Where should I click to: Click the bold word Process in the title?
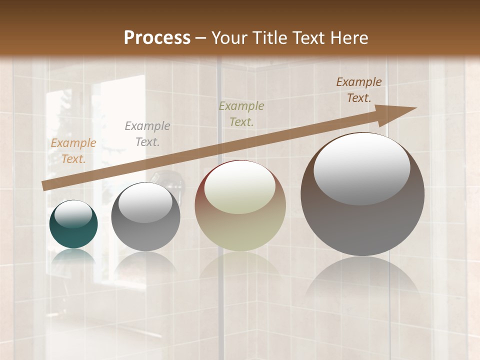(x=157, y=38)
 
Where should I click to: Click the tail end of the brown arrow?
(x=43, y=186)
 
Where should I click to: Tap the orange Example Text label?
(x=73, y=151)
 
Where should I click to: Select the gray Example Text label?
(x=147, y=134)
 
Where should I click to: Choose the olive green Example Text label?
(x=241, y=114)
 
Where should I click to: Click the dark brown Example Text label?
(x=359, y=90)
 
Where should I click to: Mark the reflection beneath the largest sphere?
(x=362, y=280)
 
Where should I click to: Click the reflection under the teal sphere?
(x=73, y=256)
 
